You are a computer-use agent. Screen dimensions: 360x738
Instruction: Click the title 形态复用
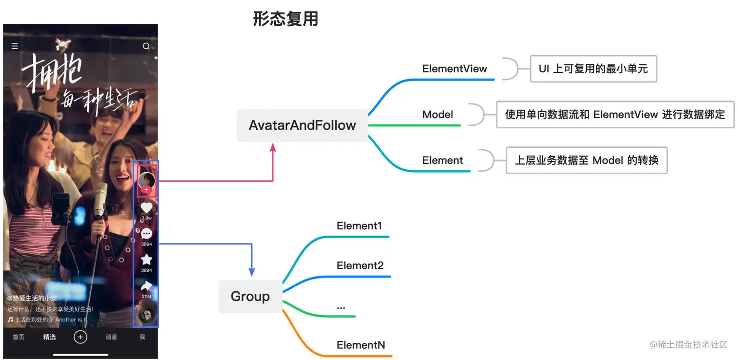286,19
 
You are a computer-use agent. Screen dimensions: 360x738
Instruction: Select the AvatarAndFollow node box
302,125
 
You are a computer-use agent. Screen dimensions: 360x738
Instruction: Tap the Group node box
250,297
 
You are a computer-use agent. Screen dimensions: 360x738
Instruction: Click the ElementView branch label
454,69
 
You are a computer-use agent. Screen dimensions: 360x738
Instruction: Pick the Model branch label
438,115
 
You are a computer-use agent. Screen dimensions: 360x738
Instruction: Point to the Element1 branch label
359,226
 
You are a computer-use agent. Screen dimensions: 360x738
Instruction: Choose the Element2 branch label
360,266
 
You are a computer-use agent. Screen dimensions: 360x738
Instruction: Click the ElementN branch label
361,345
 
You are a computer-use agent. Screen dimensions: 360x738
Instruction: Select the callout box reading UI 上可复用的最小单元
593,69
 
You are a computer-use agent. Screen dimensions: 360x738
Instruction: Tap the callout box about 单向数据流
615,115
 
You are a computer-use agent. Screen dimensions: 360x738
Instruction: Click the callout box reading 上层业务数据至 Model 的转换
587,160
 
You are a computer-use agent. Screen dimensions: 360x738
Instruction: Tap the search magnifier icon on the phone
146,46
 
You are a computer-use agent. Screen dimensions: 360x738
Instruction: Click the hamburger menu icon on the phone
15,46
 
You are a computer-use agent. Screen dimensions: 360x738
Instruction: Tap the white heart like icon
146,208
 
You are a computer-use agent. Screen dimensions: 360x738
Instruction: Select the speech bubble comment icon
146,234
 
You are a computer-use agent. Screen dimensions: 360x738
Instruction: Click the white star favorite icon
146,260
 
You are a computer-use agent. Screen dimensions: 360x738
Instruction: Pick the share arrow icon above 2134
146,286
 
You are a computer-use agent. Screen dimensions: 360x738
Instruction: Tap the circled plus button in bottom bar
81,337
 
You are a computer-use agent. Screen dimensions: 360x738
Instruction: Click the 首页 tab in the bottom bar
19,337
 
